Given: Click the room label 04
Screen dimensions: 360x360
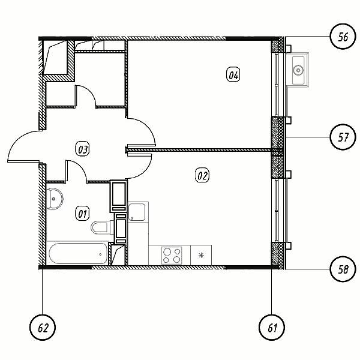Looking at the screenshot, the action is pos(233,75).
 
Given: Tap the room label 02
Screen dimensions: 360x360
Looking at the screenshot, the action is pos(202,176).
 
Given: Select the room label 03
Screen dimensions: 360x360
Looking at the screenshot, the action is pos(83,149).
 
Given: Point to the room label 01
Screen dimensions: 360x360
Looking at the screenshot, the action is pos(83,214).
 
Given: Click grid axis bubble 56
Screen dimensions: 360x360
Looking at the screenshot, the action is pos(343,37).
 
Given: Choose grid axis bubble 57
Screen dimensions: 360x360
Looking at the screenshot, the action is pos(343,137).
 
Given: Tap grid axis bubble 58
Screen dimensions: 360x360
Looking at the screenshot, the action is pos(343,269).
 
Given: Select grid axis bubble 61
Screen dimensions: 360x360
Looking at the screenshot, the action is pos(272,328).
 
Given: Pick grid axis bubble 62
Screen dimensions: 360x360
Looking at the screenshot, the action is pos(43,328).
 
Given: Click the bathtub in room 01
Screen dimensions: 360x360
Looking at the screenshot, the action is pos(78,254).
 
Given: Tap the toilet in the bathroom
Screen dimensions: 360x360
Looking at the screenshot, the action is pos(101,227).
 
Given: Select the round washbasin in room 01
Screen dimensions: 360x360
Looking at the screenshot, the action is pos(55,199).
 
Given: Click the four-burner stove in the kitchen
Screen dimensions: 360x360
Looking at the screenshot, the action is pos(172,256).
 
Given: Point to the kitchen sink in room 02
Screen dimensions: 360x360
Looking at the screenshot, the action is pos(137,212).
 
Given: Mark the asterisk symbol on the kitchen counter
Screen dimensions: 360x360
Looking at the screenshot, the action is pos(201,256).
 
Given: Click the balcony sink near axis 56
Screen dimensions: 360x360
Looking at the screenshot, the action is pos(298,70).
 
